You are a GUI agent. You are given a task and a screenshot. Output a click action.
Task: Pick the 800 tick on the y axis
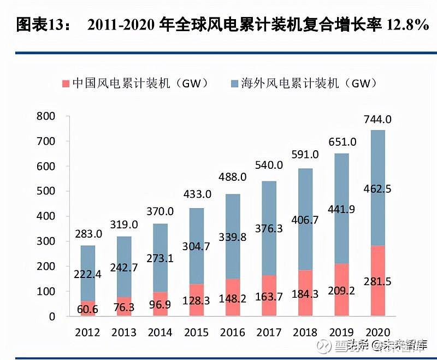point(46,116)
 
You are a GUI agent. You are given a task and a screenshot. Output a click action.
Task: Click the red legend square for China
point(66,84)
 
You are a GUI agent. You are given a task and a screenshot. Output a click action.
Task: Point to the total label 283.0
point(88,234)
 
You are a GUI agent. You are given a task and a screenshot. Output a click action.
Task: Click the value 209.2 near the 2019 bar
point(341,291)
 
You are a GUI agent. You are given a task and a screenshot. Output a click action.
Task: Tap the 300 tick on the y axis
point(46,241)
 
